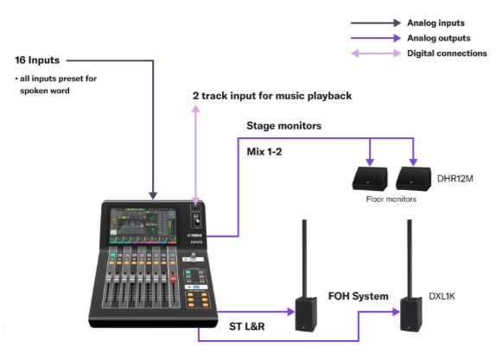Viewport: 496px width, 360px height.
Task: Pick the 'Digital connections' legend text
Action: (x=447, y=54)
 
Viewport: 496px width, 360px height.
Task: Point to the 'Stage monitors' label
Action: (x=284, y=126)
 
